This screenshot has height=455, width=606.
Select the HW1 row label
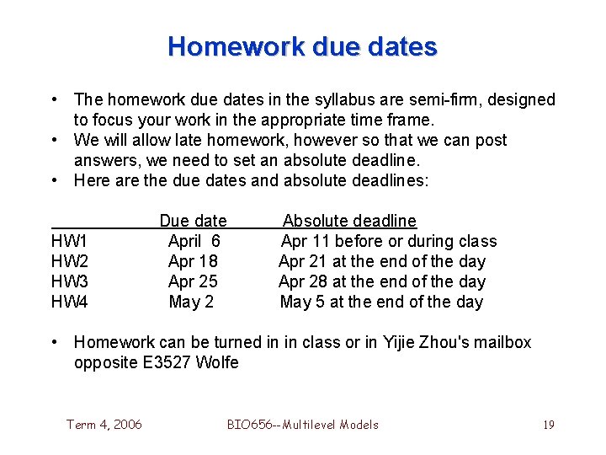[x=70, y=242]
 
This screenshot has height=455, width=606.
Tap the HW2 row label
[x=70, y=262]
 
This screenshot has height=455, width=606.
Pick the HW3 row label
[x=70, y=282]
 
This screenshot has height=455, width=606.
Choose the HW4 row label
[x=70, y=302]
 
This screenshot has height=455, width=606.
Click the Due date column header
[x=193, y=222]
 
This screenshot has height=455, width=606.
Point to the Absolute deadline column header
[x=349, y=222]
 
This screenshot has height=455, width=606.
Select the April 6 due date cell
[x=194, y=242]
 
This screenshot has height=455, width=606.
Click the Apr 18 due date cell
[x=193, y=262]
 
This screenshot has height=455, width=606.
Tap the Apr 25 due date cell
[x=193, y=282]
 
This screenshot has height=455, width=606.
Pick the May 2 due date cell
[x=191, y=302]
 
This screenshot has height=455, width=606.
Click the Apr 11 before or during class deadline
[x=389, y=242]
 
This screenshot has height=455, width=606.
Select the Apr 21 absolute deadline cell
[x=382, y=262]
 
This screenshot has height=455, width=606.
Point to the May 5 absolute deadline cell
[x=381, y=302]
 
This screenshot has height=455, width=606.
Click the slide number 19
[x=548, y=425]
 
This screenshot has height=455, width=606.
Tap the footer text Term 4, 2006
[x=104, y=425]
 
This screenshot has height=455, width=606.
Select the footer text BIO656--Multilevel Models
[x=303, y=425]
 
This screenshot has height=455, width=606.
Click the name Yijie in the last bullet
[x=401, y=343]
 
